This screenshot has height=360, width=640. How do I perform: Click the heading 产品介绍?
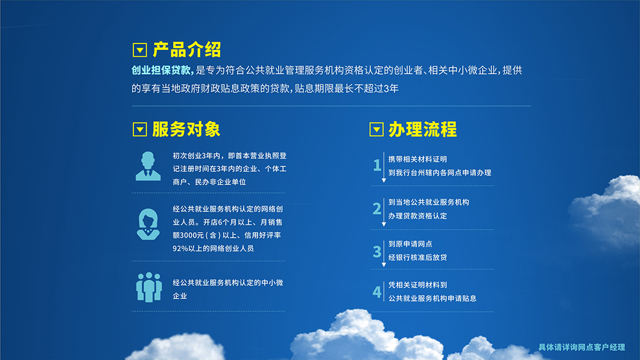click(186, 50)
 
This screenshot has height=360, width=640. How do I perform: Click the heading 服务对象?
click(186, 130)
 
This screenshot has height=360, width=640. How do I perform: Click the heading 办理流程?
click(422, 130)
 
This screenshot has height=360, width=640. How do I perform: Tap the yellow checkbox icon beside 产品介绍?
click(139, 50)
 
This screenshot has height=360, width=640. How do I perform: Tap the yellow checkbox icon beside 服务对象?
click(139, 130)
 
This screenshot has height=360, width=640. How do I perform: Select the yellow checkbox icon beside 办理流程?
click(376, 130)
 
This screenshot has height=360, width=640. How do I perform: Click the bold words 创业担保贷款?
click(162, 70)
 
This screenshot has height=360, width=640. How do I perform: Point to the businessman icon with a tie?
click(148, 166)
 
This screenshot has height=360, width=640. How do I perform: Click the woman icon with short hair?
click(148, 224)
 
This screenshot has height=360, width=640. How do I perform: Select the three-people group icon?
click(149, 288)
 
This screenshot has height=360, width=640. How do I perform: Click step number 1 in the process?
click(377, 165)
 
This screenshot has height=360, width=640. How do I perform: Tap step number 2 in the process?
click(377, 209)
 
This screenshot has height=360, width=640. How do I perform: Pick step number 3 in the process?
click(377, 251)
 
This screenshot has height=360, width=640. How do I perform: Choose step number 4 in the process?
click(377, 292)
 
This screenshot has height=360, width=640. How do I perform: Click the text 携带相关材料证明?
click(417, 159)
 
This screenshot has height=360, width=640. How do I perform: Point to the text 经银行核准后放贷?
click(417, 257)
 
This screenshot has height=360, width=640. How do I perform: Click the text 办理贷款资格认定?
click(417, 216)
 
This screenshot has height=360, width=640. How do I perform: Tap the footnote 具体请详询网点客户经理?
click(581, 347)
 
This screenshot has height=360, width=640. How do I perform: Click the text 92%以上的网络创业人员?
click(213, 248)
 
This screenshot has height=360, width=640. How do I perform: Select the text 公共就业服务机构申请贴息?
click(432, 298)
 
